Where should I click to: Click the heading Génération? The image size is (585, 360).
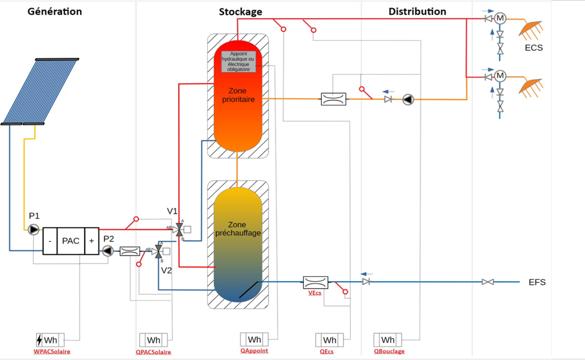(x=55, y=12)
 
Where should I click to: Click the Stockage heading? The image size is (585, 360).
(x=241, y=12)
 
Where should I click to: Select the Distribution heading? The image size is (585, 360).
(x=417, y=12)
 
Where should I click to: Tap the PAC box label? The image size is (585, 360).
(x=71, y=241)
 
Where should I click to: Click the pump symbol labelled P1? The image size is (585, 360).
(x=34, y=229)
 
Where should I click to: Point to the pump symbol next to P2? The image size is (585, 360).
(x=108, y=251)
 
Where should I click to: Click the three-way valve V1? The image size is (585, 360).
(x=180, y=229)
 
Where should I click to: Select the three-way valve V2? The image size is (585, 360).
(x=158, y=252)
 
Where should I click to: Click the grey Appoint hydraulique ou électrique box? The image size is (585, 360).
(x=238, y=62)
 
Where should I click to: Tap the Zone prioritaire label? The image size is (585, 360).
(x=238, y=95)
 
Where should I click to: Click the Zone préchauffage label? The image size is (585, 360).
(x=238, y=229)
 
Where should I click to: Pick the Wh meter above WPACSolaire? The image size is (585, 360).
(x=50, y=340)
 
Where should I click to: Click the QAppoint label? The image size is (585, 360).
(x=254, y=351)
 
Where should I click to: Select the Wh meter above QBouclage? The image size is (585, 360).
(x=387, y=340)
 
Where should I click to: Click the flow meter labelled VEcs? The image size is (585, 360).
(x=316, y=283)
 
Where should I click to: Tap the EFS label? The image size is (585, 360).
(x=537, y=282)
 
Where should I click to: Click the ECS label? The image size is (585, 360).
(x=534, y=48)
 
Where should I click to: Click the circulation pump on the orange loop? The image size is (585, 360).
(x=408, y=99)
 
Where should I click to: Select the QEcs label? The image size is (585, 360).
(x=327, y=351)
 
